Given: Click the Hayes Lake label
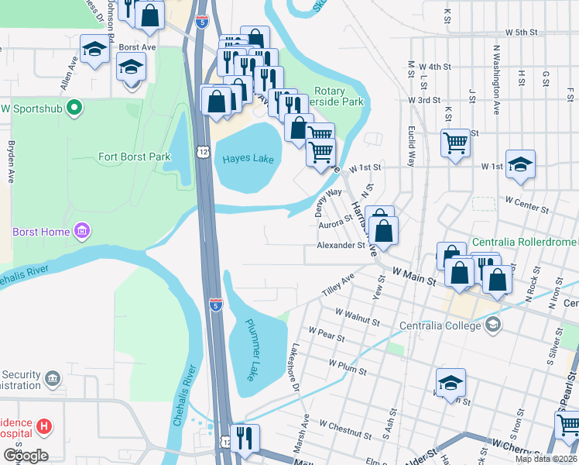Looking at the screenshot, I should click(248, 159).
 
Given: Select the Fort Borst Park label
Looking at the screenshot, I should click(134, 157).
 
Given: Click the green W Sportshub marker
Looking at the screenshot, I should click(74, 107).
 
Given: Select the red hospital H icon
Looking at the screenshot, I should click(45, 425).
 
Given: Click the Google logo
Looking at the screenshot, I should click(25, 455).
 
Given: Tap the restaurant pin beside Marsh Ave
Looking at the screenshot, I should click(245, 437).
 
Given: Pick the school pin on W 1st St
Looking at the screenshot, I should click(521, 164).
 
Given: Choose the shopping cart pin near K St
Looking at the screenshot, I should click(455, 142).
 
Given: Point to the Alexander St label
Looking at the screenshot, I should click(340, 246).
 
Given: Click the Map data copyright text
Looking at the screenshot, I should click(545, 459).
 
